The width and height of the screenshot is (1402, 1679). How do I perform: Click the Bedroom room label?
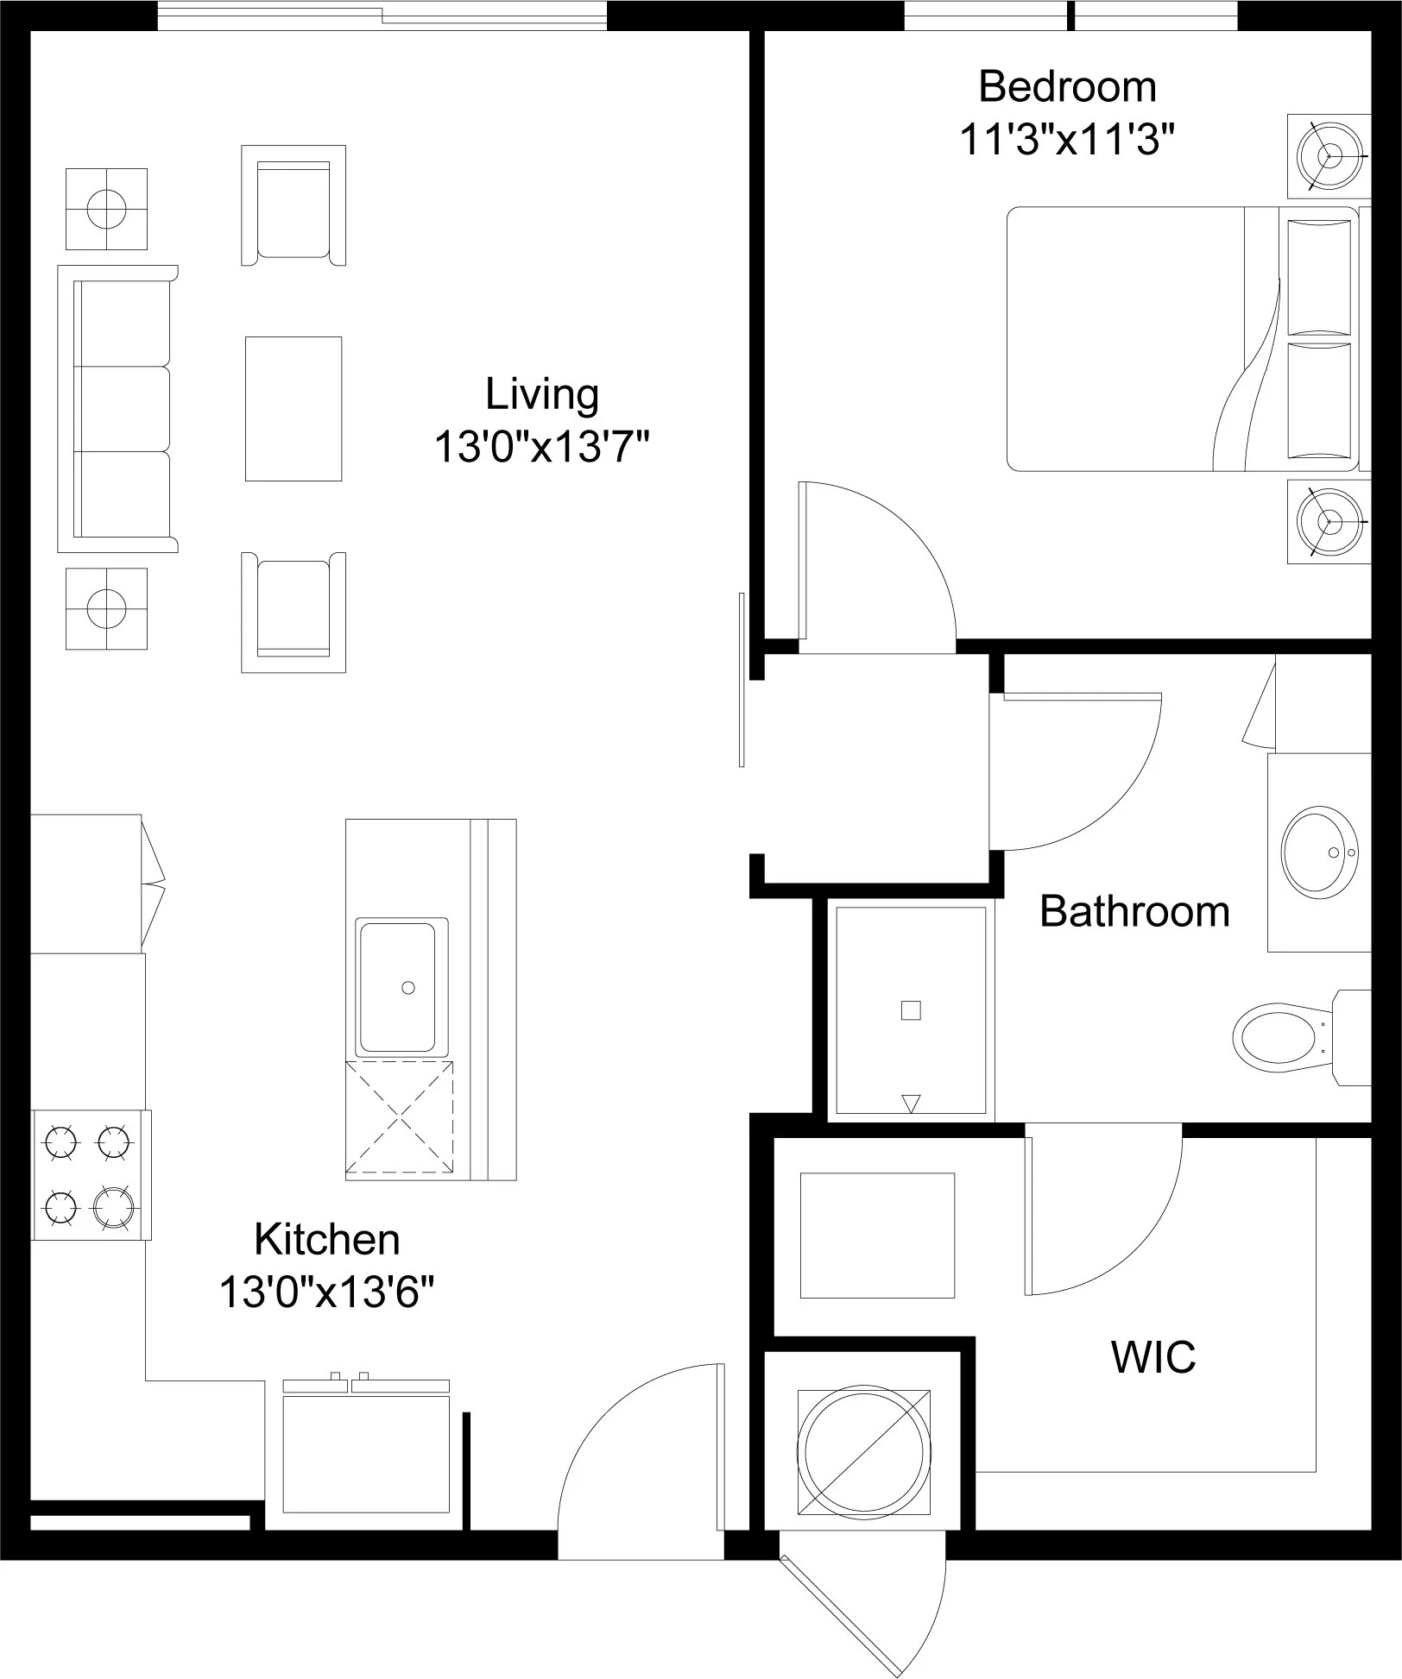[x=1067, y=87]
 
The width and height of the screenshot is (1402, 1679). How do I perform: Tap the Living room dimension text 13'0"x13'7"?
[x=540, y=448]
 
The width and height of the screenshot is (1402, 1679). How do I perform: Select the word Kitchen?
[x=327, y=1240]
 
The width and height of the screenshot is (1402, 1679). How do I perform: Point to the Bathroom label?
[x=1134, y=911]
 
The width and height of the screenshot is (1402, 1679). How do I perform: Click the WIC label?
[x=1153, y=1357]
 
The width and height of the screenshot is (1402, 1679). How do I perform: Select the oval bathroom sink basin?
[x=1320, y=852]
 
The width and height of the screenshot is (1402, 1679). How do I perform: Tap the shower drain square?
[x=911, y=1010]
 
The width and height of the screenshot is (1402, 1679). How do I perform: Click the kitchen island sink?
[x=397, y=987]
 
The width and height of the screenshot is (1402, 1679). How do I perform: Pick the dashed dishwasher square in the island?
[x=399, y=1119]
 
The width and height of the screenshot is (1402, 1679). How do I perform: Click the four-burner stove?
[x=91, y=1175]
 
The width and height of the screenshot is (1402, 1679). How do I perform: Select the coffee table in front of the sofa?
[x=294, y=409]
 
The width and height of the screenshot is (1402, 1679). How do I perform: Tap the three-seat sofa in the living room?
[x=117, y=409]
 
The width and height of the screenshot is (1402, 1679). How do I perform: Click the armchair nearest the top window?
[x=294, y=205]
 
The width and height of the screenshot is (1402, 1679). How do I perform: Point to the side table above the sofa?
[x=106, y=209]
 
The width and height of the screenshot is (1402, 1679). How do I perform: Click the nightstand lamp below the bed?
[x=1329, y=521]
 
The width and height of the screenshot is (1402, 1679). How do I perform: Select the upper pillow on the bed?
[x=1318, y=277]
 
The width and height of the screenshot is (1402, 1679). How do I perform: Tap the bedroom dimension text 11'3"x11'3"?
[x=1068, y=140]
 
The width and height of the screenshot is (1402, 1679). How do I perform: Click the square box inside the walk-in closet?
[x=877, y=1236]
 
